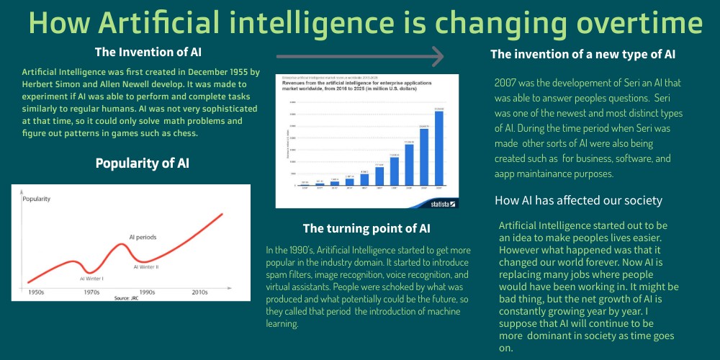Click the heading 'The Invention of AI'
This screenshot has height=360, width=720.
(x=148, y=52)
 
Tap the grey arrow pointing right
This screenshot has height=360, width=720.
(x=359, y=55)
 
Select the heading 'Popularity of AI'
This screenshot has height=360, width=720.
(x=142, y=163)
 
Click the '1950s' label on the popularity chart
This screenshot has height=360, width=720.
(x=36, y=292)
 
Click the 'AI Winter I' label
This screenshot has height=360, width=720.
(x=91, y=278)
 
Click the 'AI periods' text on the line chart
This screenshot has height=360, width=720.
(x=143, y=237)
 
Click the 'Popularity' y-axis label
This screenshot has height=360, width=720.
(x=36, y=198)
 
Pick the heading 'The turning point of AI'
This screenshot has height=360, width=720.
(x=366, y=229)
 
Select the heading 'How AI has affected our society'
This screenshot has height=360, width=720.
(x=578, y=200)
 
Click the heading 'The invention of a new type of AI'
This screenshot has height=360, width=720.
(x=582, y=55)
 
